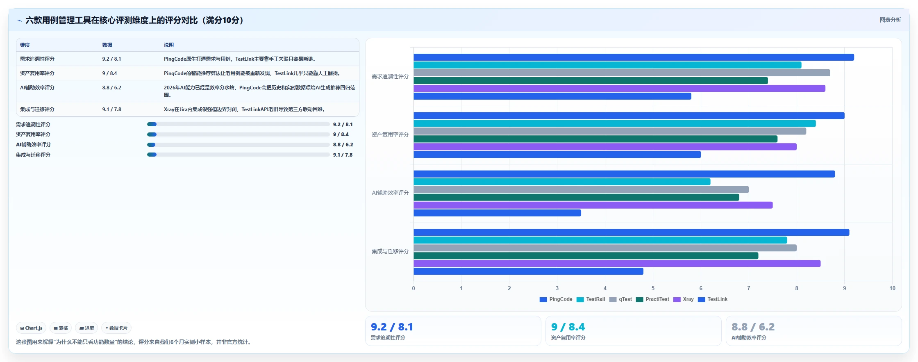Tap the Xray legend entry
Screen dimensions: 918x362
click(x=683, y=299)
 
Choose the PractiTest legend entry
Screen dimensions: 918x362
click(x=652, y=299)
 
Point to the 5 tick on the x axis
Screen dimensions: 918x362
click(x=653, y=288)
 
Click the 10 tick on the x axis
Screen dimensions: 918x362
click(x=892, y=288)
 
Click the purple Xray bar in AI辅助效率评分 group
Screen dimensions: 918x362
click(x=593, y=205)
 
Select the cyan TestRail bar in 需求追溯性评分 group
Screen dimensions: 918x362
click(x=607, y=65)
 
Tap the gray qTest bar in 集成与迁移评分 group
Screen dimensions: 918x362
click(x=605, y=248)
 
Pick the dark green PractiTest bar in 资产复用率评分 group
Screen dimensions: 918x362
click(x=595, y=139)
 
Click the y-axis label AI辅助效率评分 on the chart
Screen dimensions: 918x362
click(x=390, y=193)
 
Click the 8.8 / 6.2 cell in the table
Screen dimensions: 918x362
click(x=111, y=88)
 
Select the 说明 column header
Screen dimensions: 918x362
click(x=169, y=45)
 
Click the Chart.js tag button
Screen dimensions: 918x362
click(x=31, y=328)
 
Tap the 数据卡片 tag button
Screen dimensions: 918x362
click(x=116, y=328)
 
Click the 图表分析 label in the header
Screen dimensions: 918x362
click(x=890, y=20)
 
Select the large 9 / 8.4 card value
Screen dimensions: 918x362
click(x=568, y=327)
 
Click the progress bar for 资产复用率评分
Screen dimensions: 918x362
click(x=239, y=134)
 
